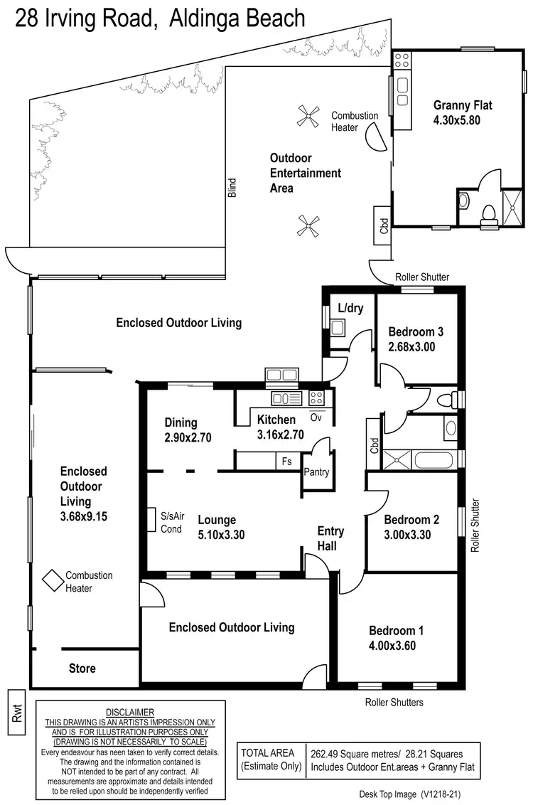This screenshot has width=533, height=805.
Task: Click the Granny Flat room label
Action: tap(463, 105)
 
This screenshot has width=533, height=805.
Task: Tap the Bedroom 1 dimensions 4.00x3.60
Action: tap(392, 646)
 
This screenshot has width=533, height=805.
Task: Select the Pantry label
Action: tap(316, 472)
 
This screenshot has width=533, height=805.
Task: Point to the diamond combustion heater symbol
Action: tap(52, 581)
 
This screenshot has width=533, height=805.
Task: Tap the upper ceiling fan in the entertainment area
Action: tap(309, 116)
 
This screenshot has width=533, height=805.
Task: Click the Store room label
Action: tap(82, 668)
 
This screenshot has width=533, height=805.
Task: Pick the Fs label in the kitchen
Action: tap(286, 461)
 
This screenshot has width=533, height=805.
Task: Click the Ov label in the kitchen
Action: tap(316, 418)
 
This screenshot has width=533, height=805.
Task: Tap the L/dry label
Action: tap(350, 309)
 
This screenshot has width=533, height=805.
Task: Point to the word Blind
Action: tap(232, 188)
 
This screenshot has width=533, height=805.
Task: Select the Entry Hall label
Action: tap(330, 538)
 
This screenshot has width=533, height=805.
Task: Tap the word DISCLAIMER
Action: tap(129, 712)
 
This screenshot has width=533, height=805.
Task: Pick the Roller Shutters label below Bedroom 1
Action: tap(394, 703)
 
